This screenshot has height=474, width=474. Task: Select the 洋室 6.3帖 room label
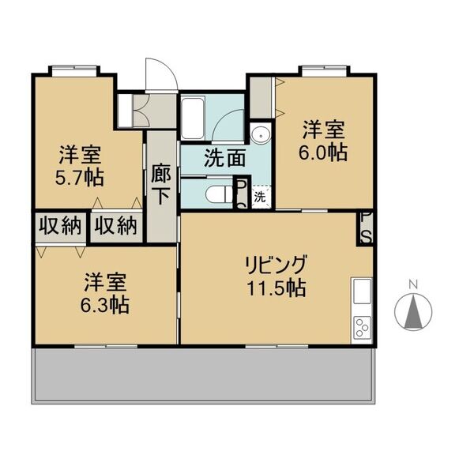tap(108, 293)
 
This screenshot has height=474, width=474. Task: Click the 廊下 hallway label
tap(161, 183)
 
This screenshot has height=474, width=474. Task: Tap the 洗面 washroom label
tap(224, 157)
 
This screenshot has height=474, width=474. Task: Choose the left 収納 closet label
tap(59, 226)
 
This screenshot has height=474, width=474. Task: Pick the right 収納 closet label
tap(116, 226)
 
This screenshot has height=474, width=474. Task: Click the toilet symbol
tap(214, 194)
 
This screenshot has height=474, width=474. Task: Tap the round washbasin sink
tap(260, 134)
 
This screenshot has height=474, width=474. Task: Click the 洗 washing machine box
tap(261, 197)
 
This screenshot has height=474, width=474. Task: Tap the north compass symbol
tap(412, 310)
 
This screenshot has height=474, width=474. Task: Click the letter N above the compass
tap(412, 284)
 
